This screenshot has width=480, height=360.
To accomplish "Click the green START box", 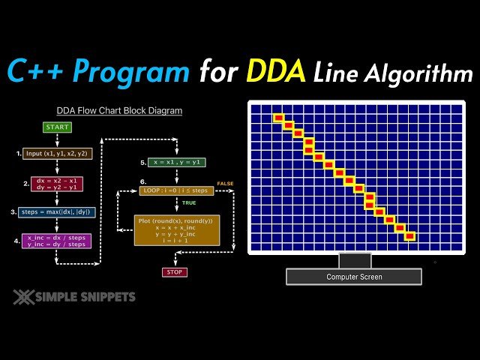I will point(58,127).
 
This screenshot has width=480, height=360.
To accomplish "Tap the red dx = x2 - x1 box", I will point(57,183).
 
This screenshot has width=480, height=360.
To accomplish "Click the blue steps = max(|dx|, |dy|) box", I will point(58,212).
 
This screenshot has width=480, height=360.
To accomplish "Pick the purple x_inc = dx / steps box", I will point(58,241).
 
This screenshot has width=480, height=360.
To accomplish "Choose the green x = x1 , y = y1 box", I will point(177,162).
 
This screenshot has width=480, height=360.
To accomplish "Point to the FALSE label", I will point(225,183).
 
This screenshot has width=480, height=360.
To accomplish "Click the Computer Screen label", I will point(354,277).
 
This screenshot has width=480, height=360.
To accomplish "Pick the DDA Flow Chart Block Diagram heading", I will point(119,110).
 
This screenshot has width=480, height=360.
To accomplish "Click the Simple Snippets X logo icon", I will point(23,297).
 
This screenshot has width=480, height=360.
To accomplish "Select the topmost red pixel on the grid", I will point(277,118).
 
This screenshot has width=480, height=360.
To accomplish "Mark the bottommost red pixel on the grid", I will point(409,236).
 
